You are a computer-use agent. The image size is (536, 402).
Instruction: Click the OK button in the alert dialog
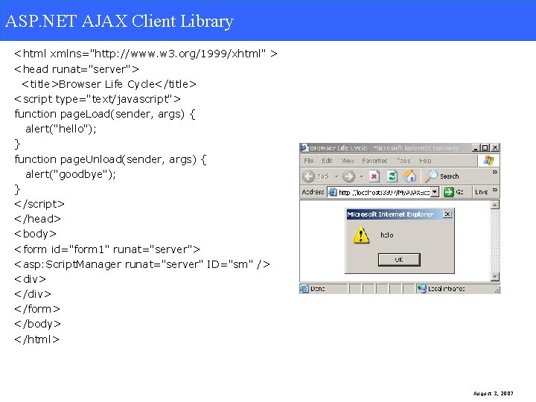point(399,260)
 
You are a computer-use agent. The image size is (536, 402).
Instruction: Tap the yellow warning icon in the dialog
point(361,236)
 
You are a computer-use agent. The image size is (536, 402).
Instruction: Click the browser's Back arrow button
point(309,176)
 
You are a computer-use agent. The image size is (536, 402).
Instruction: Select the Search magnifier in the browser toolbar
point(432,176)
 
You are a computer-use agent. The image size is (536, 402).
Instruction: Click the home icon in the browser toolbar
point(409,176)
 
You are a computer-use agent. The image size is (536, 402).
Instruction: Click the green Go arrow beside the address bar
point(449,192)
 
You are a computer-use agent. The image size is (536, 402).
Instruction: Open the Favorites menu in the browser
point(374,161)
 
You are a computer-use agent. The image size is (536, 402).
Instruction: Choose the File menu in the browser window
point(308,161)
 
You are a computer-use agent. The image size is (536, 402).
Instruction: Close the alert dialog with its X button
point(447,214)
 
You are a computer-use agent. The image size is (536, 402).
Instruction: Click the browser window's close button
point(495,148)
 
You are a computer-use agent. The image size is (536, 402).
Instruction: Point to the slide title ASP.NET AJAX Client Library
point(119,21)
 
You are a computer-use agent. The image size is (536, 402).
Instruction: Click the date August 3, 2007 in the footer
point(494,393)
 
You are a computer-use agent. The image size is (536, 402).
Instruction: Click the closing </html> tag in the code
point(36,339)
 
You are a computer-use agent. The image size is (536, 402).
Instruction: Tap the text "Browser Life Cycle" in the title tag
point(103,84)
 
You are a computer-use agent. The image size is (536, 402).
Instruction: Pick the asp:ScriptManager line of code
point(141,264)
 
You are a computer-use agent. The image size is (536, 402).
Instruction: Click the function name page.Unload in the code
point(92,159)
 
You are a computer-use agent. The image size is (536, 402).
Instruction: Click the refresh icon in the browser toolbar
point(392,176)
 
